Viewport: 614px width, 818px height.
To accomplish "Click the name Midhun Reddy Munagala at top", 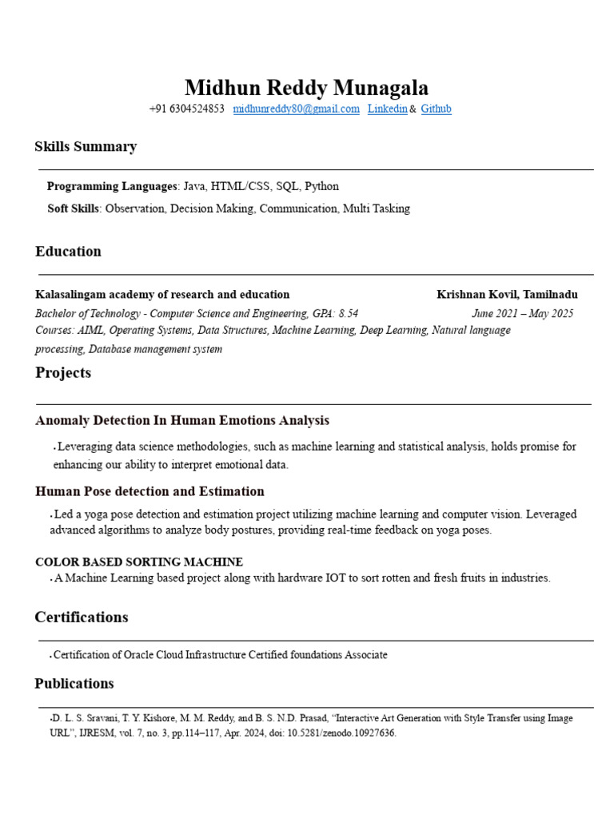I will [x=306, y=87].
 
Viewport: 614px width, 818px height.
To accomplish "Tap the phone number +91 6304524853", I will [x=186, y=109].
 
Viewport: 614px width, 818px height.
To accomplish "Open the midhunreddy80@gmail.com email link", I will [x=296, y=109].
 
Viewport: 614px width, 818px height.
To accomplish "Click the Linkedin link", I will [x=387, y=109].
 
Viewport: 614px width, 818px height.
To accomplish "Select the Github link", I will [x=436, y=109].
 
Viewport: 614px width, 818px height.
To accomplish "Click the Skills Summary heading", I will [x=86, y=146].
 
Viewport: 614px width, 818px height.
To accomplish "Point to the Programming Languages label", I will [x=111, y=186].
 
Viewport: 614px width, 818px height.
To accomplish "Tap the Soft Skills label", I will [x=73, y=208].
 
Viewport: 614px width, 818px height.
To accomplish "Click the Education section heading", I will [x=68, y=251].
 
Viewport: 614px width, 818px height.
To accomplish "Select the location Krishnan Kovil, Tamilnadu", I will [x=507, y=295].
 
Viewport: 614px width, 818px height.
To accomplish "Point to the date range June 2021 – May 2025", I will [x=522, y=314].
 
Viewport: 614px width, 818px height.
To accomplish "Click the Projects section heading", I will [x=63, y=372].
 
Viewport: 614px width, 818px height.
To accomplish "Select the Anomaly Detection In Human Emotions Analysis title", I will [x=182, y=420].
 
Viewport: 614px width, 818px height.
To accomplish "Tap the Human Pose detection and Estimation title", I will [x=150, y=491].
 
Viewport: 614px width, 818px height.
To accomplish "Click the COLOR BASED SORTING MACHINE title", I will [x=139, y=562].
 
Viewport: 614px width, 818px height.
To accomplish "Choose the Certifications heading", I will [x=81, y=617].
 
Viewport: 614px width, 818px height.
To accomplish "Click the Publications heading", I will [x=74, y=683].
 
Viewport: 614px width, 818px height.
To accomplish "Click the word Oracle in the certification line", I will [x=140, y=655].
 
